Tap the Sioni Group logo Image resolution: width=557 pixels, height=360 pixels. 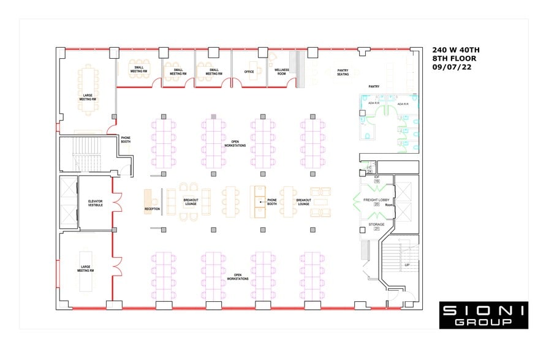483,315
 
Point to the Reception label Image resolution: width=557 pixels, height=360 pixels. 152,209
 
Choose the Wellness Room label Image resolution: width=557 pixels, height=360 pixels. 281,72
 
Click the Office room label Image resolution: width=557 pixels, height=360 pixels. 249,72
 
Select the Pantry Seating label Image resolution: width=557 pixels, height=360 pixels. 343,72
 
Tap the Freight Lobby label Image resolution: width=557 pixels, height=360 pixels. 376,200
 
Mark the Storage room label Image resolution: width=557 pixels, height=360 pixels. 377,225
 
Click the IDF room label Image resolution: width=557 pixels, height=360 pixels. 377,177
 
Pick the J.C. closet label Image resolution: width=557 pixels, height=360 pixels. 369,167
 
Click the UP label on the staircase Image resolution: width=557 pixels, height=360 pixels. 407,265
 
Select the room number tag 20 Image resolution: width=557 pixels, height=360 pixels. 377,205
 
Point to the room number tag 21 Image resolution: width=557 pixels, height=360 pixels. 377,230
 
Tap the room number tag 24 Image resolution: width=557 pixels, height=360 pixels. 369,171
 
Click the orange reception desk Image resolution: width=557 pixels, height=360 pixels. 148,199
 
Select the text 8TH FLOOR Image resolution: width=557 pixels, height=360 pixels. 454,59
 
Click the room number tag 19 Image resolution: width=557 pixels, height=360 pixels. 377,182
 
